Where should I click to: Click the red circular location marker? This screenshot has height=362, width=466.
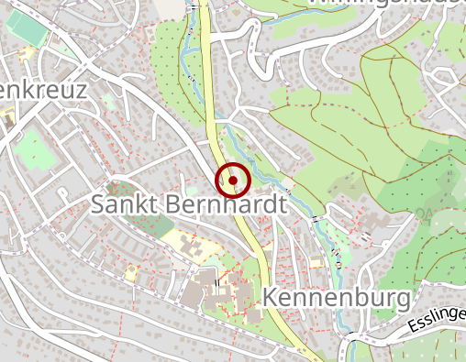point(233,180)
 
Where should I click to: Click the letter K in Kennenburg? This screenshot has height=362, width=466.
point(272,298)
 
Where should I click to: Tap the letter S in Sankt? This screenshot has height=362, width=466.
point(99,204)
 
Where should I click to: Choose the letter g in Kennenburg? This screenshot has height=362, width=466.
point(399,301)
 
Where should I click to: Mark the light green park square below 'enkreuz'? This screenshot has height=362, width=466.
point(35,145)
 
